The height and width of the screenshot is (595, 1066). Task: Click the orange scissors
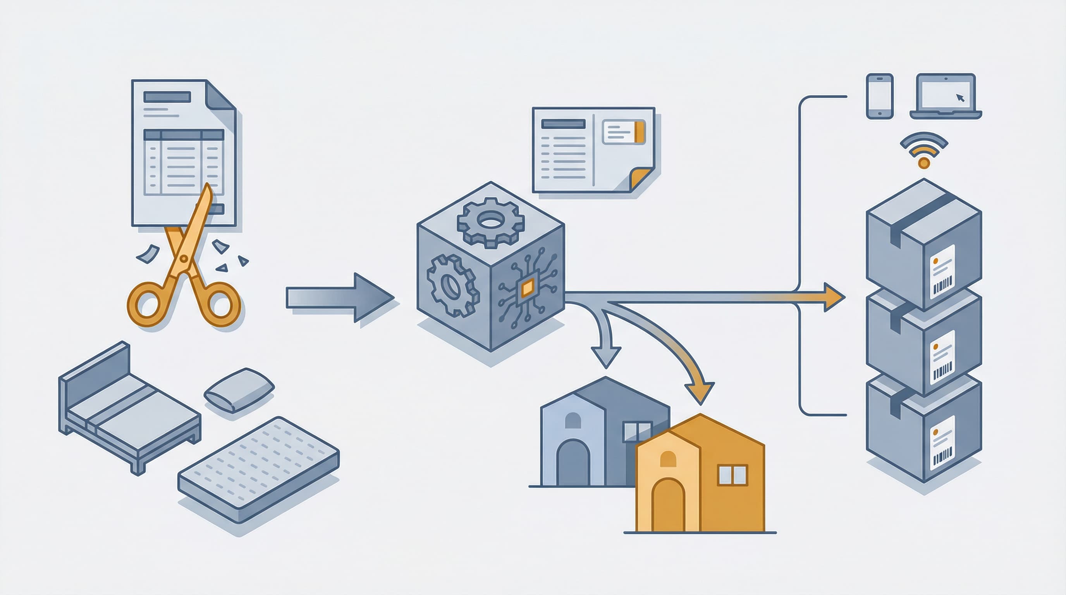click(x=184, y=265)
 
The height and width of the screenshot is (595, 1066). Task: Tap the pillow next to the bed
click(x=239, y=390)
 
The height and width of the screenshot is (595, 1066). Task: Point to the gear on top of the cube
click(x=491, y=222)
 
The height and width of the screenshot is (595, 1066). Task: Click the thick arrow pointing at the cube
click(x=339, y=297)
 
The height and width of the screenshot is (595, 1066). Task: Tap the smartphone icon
click(x=879, y=96)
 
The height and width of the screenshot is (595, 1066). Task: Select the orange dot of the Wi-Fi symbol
click(x=923, y=163)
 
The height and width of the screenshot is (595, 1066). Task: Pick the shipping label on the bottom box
click(x=942, y=443)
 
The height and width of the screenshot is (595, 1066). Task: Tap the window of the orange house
click(x=732, y=475)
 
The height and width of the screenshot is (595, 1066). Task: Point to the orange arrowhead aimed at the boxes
click(x=832, y=297)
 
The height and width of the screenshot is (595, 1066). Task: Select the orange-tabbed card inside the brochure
click(x=624, y=132)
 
